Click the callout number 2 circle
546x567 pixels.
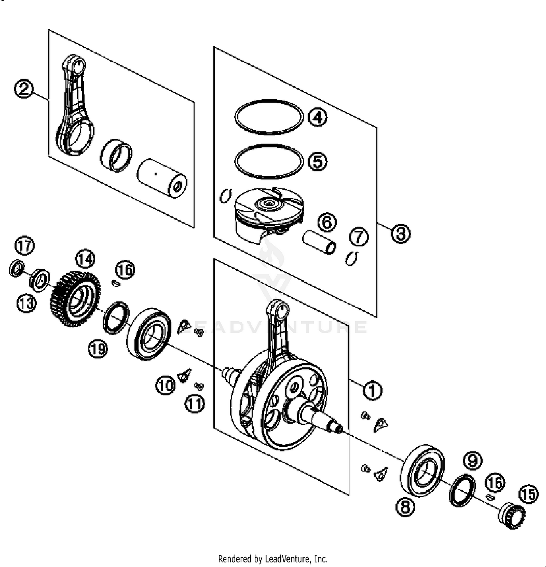tap(24, 89)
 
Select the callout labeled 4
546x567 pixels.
tap(317, 117)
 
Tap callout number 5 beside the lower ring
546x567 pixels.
tap(317, 161)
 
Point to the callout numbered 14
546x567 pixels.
tap(85, 259)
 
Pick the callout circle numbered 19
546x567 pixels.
tap(98, 349)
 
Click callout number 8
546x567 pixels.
tap(405, 507)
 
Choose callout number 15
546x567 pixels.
tap(529, 494)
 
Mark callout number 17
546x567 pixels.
tap(24, 246)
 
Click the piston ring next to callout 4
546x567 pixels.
tap(269, 117)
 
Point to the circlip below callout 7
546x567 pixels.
tap(352, 258)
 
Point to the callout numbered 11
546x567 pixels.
tap(195, 404)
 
